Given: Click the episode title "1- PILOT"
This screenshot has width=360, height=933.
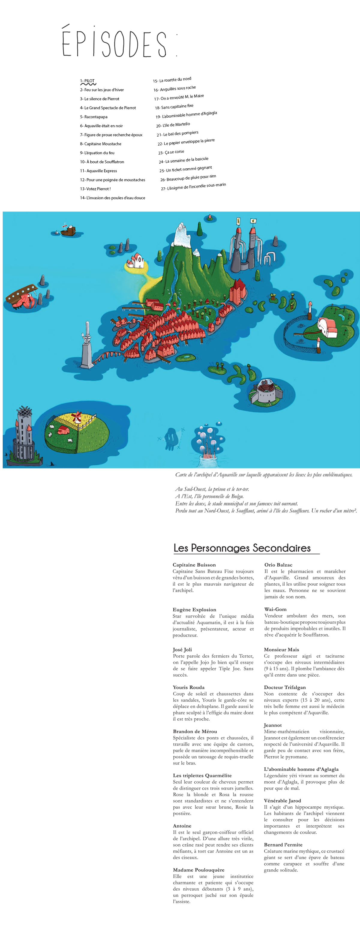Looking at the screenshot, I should coord(87,81).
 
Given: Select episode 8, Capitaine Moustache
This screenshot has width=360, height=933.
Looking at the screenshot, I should coord(101,144).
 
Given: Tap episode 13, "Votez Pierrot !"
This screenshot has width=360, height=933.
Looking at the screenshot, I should coord(95,189).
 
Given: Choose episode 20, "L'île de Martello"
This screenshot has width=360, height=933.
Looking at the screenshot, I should coord(173,125).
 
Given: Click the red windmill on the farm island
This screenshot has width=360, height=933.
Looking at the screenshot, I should coord(77,417).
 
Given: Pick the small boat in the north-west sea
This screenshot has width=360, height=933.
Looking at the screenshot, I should coord(68,230).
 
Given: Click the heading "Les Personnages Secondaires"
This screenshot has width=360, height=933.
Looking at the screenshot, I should coord(242,548).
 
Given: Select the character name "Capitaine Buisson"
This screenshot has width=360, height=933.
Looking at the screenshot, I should coord(194,565).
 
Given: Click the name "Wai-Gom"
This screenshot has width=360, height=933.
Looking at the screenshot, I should coord(275,609).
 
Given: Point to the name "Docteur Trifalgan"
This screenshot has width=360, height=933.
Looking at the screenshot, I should coord(285,687).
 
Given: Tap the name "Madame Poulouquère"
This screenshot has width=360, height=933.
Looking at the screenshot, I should coord(199,870).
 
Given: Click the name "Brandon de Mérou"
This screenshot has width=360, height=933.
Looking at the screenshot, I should coord(195,731).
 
